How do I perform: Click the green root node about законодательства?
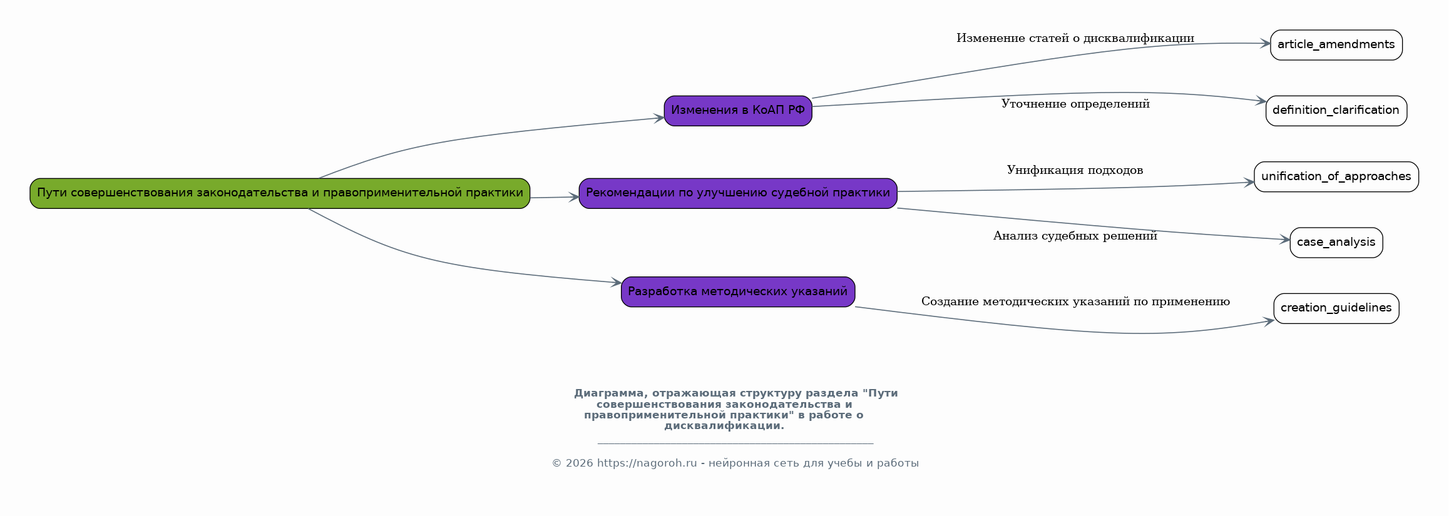point(280,193)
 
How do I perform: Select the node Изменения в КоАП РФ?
point(737,111)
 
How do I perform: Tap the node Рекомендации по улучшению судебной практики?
point(737,193)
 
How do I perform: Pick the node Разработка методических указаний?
point(737,291)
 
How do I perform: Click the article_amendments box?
point(1336,45)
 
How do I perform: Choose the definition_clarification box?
point(1336,111)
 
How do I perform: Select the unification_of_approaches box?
point(1336,176)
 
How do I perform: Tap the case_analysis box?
point(1336,242)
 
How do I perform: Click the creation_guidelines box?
point(1336,308)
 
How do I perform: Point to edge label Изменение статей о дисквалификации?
point(1075,39)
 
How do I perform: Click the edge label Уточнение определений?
point(1075,104)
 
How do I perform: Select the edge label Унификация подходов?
point(1075,170)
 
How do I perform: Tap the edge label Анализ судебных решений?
point(1075,236)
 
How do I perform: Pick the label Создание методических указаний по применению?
point(1075,302)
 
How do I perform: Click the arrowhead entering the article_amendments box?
point(1264,44)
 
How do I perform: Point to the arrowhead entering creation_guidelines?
point(1268,322)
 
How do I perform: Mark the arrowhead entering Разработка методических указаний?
point(616,283)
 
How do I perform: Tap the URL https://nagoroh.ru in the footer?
point(647,463)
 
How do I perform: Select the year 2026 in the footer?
point(579,463)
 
